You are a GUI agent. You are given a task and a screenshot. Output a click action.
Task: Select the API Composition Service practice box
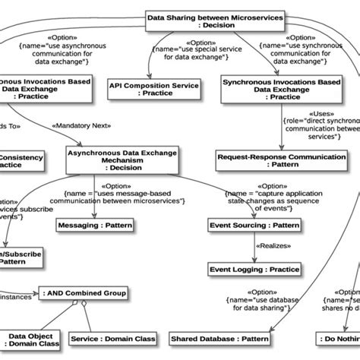[x=155, y=87]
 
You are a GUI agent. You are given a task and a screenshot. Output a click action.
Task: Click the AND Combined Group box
[x=84, y=293]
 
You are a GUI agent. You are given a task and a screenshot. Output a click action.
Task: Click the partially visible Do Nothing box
[x=339, y=338]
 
